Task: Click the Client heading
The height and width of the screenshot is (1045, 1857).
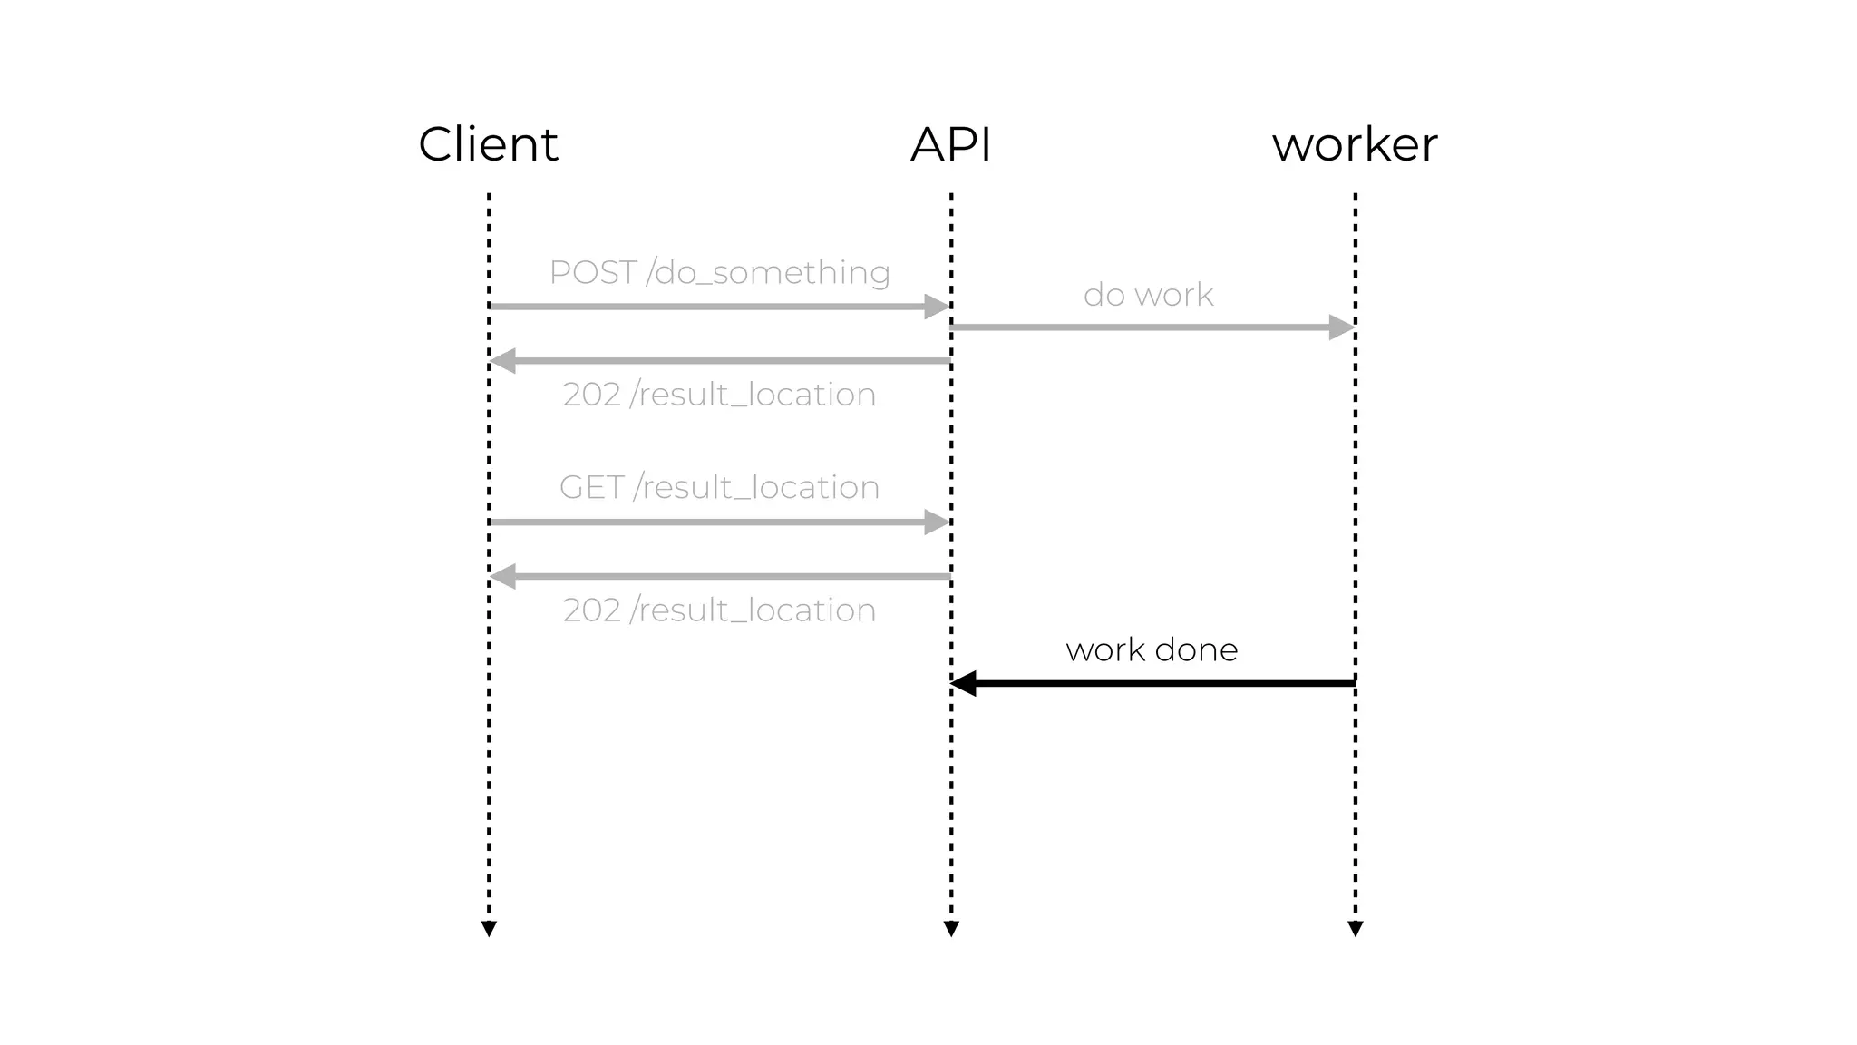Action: coord(488,145)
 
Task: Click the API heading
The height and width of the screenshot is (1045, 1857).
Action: coord(950,145)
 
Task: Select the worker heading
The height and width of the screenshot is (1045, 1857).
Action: coord(1355,145)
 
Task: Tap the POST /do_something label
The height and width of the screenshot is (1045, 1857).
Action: coord(719,273)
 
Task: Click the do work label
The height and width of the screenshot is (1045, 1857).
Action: coord(1148,295)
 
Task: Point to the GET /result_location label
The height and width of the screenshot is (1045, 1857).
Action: coord(719,488)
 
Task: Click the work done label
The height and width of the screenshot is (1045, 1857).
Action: coord(1152,650)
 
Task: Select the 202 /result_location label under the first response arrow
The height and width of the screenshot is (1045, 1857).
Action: coord(719,395)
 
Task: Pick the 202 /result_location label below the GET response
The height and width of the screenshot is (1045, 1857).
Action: coord(719,610)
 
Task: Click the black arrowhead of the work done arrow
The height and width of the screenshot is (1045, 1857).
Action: coord(963,683)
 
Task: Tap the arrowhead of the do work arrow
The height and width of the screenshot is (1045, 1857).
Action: coord(1341,327)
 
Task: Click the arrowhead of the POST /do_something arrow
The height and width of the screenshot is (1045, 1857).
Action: coord(936,307)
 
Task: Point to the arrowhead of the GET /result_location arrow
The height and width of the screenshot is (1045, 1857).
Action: coord(936,522)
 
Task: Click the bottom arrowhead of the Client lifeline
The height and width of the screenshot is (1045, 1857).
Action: coord(489,929)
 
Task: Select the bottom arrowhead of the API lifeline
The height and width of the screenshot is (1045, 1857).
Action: coord(951,929)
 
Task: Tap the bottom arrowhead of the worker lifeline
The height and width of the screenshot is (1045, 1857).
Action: coord(1356,929)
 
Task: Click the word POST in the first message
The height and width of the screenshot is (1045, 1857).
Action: coord(593,273)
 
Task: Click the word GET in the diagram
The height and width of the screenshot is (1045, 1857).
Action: coord(591,488)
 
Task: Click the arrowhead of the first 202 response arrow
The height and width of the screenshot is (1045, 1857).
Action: coord(503,361)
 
